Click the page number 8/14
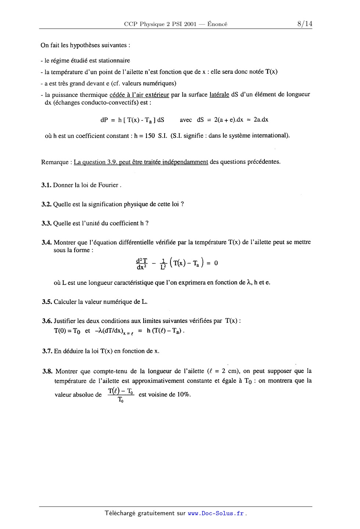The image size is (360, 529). pyautogui.click(x=305, y=24)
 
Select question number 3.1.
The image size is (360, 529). pyautogui.click(x=46, y=185)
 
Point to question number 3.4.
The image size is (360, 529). pyautogui.click(x=47, y=242)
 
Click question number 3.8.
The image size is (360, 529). pyautogui.click(x=47, y=371)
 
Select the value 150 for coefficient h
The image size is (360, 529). pyautogui.click(x=150, y=136)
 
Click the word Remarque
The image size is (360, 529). pyautogui.click(x=54, y=162)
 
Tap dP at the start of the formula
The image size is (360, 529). pyautogui.click(x=104, y=120)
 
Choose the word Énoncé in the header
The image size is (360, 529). pyautogui.click(x=217, y=25)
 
